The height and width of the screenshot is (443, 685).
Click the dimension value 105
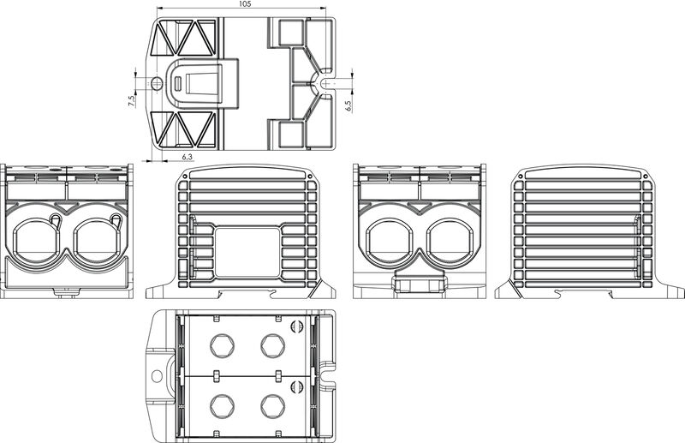click(x=245, y=5)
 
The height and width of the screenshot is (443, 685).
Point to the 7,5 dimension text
click(x=131, y=101)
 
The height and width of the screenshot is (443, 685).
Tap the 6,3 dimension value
click(x=188, y=157)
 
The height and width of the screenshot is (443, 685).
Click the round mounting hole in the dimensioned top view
click(x=157, y=84)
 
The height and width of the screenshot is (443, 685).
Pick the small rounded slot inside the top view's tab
click(x=178, y=84)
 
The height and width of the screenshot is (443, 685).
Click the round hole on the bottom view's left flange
click(x=157, y=375)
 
